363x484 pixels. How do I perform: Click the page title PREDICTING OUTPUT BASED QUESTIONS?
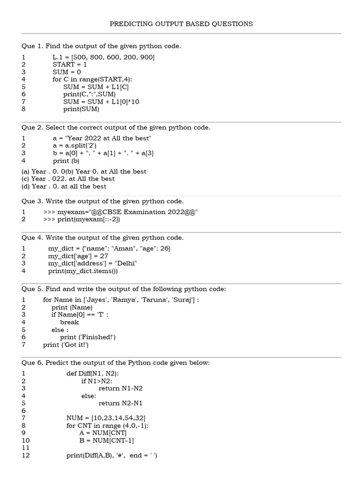tap(181, 24)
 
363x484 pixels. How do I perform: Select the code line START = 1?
tap(69, 64)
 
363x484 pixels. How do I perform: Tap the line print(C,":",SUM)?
tap(89, 94)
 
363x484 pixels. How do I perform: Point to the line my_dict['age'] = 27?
tap(78, 256)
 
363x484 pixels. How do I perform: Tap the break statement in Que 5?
tap(69, 322)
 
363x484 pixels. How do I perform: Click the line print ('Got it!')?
tap(66, 345)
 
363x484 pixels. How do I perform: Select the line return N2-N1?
tap(121, 403)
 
